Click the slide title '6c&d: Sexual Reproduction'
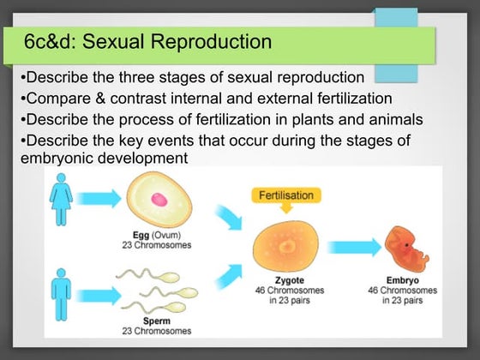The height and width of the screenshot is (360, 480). tap(147, 41)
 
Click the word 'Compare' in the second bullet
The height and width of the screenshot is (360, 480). tap(51, 98)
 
